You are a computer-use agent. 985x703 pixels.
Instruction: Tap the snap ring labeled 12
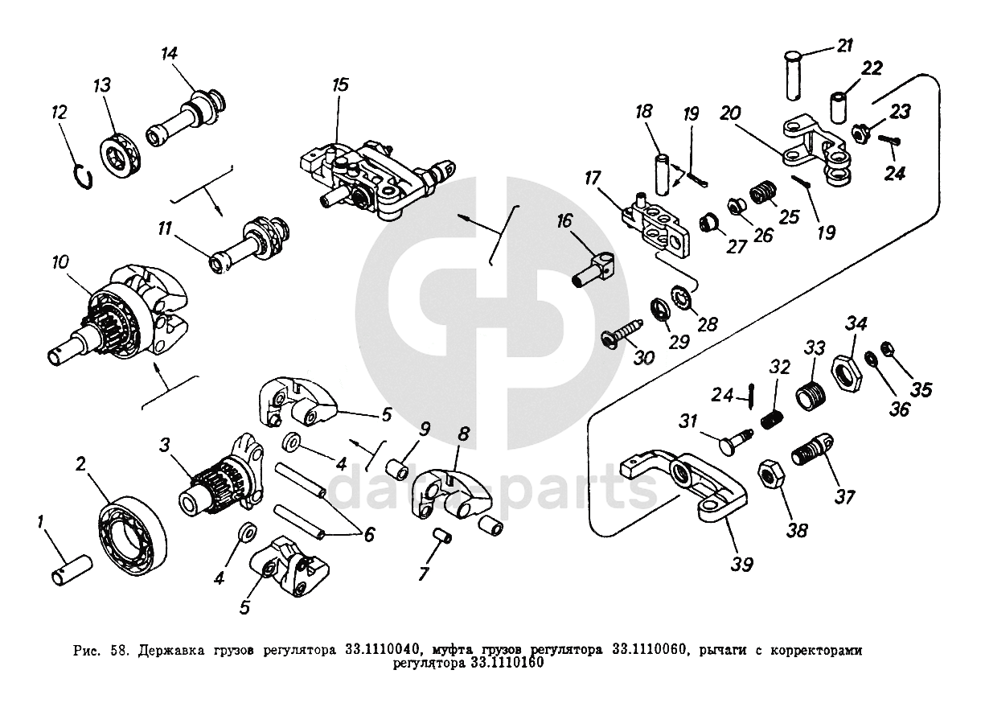point(80,176)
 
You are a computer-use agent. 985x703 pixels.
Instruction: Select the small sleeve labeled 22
point(840,108)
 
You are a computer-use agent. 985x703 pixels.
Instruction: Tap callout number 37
point(843,496)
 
